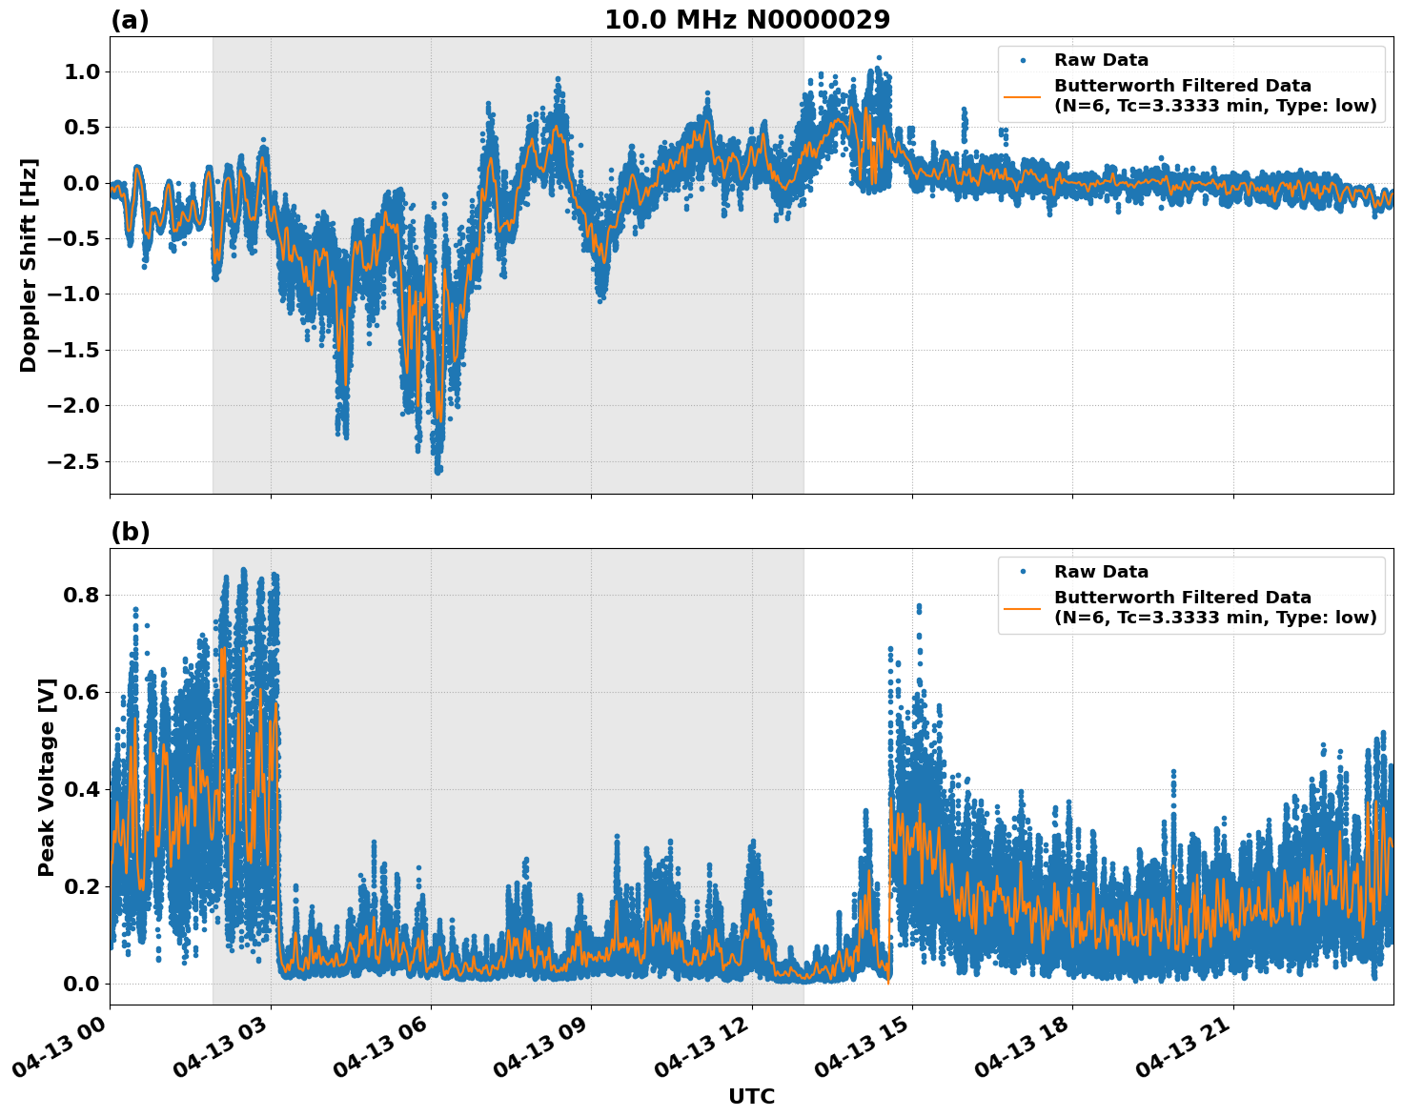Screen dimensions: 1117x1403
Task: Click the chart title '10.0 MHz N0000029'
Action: click(746, 20)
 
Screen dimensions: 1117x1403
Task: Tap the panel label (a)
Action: click(130, 20)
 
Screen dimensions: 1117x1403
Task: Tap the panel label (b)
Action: click(130, 532)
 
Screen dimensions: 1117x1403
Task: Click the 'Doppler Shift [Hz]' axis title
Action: click(29, 265)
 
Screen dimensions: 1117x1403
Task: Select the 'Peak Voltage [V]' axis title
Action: click(47, 777)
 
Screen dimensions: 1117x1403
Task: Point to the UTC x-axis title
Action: click(751, 1096)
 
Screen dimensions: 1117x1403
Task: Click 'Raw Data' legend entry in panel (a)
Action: click(1101, 60)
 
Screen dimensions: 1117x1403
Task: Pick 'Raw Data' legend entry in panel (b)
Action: click(1101, 572)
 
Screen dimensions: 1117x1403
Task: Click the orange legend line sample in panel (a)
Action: click(1023, 96)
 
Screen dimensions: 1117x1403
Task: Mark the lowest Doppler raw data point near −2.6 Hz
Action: click(438, 471)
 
